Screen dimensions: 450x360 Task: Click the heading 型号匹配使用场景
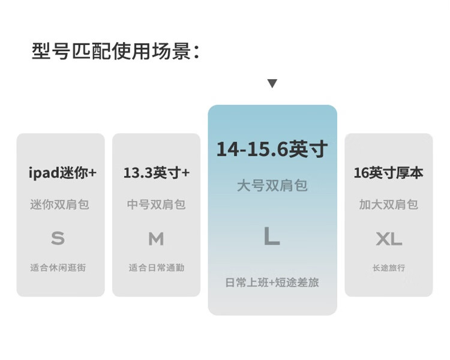[x=115, y=51]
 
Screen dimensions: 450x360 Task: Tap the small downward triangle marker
[x=272, y=83]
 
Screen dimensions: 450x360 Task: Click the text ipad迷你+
[x=62, y=173]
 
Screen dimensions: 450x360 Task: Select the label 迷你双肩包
[x=59, y=205]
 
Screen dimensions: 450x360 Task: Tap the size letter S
[x=58, y=238]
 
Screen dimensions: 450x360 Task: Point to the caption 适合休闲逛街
[x=58, y=268]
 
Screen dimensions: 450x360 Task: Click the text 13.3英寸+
[x=157, y=173]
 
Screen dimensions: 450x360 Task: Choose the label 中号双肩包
[x=157, y=205]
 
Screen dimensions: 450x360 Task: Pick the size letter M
[x=157, y=239]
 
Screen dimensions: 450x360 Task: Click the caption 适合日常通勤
[x=157, y=268]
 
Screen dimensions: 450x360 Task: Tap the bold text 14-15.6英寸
[x=272, y=149]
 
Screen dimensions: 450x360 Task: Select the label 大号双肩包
[x=272, y=185]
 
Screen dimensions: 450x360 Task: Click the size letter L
[x=272, y=236]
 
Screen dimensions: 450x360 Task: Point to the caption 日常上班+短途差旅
[x=272, y=283]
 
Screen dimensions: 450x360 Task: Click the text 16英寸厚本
[x=388, y=173]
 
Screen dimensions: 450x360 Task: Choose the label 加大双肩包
[x=388, y=205]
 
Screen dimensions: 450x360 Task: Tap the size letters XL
[x=389, y=239]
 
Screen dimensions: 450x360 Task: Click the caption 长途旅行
[x=389, y=268]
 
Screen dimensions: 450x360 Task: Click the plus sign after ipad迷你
[x=92, y=173]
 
